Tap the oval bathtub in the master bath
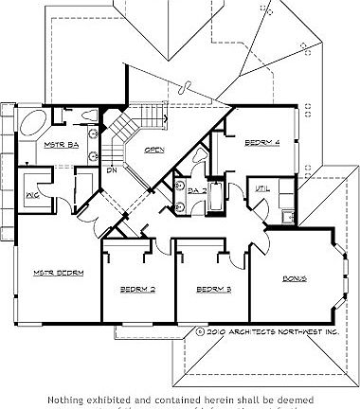(x=30, y=124)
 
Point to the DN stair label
(x=112, y=171)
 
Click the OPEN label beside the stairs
(x=154, y=149)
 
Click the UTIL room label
(x=262, y=189)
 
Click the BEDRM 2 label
(x=137, y=289)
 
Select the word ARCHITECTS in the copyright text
(x=259, y=332)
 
